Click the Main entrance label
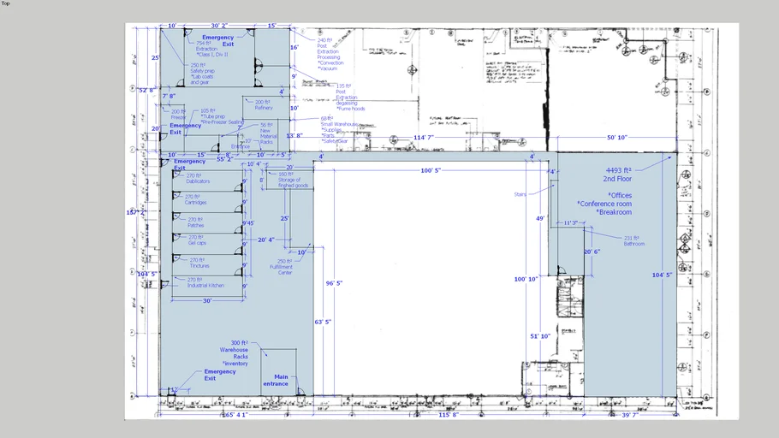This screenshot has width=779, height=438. point(281,380)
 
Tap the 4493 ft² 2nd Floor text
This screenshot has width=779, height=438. point(619,175)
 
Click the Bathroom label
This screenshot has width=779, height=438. point(634,244)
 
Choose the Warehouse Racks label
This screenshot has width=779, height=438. point(234,353)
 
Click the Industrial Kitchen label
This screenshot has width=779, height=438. point(205,286)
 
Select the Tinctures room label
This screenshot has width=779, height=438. point(199,266)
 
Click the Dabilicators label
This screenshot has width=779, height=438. point(198,181)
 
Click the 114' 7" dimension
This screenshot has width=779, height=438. point(425,137)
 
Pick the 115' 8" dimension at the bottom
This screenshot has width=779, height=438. point(450,415)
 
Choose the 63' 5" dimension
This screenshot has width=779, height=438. point(324,322)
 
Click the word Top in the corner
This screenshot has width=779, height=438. point(6,3)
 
